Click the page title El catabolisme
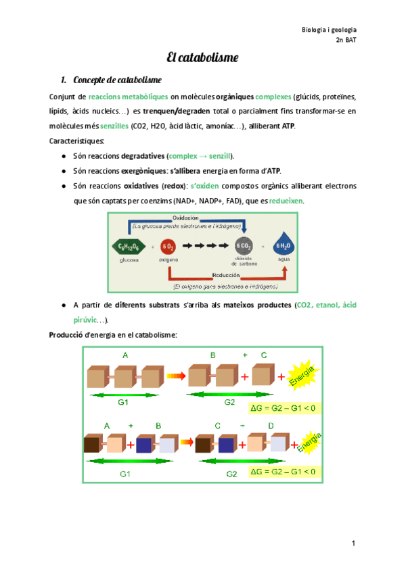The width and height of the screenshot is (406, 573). (202, 57)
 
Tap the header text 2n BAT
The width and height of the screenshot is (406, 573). (346, 41)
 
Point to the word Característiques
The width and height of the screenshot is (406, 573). (77, 141)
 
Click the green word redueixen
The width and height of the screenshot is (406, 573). (286, 201)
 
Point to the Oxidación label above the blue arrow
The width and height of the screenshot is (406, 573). (185, 218)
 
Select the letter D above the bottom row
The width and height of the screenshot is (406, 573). (271, 426)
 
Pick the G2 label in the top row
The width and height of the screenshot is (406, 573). (229, 402)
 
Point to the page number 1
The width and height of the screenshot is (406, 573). (353, 543)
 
